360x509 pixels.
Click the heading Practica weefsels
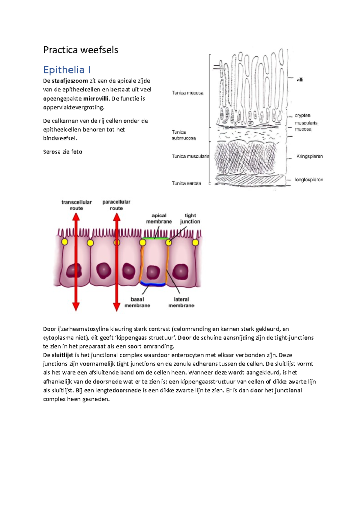81,50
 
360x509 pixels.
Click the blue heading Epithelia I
67,70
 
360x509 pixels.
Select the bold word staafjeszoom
70,81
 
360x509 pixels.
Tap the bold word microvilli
96,99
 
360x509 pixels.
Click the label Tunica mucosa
187,93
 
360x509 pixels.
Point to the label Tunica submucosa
184,135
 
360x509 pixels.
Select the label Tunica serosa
186,183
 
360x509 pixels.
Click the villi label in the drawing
300,80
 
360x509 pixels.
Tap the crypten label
302,115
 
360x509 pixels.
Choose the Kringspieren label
309,156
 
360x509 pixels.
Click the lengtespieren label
309,180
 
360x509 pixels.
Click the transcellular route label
76,205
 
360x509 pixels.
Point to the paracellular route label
116,205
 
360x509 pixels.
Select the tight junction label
190,219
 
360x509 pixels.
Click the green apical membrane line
155,238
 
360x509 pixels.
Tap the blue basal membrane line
153,284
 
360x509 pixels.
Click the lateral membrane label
181,302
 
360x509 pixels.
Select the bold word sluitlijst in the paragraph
62,355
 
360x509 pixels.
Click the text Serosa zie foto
63,152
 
